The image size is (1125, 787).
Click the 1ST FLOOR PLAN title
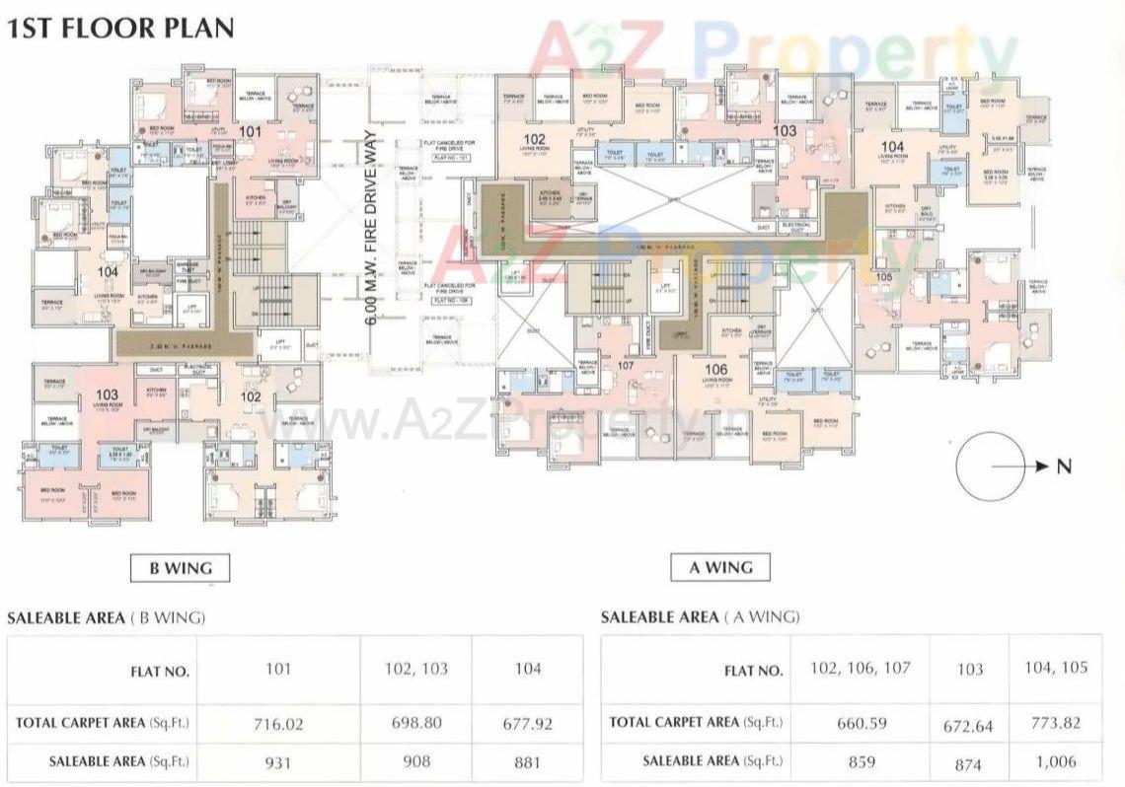click(x=120, y=27)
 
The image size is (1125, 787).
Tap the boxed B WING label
click(x=181, y=567)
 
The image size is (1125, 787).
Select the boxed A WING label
click(x=720, y=567)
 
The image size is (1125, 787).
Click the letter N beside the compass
click(x=1063, y=467)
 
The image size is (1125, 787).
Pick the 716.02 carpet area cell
click(x=278, y=723)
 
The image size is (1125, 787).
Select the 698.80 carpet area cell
click(x=416, y=723)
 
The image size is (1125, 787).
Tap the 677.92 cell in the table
click(x=527, y=723)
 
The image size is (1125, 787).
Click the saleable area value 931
click(x=278, y=761)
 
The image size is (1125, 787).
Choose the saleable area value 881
click(x=527, y=761)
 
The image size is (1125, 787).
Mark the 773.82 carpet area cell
click(x=1055, y=722)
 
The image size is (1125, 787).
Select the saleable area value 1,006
click(x=1055, y=760)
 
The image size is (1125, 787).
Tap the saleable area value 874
click(x=969, y=761)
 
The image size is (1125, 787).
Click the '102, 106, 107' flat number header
click(x=860, y=668)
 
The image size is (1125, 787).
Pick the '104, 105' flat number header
click(x=1055, y=668)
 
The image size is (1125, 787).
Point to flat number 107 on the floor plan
click(x=625, y=365)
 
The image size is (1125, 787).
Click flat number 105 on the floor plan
click(x=883, y=277)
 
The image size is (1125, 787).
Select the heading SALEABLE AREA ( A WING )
click(x=700, y=617)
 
